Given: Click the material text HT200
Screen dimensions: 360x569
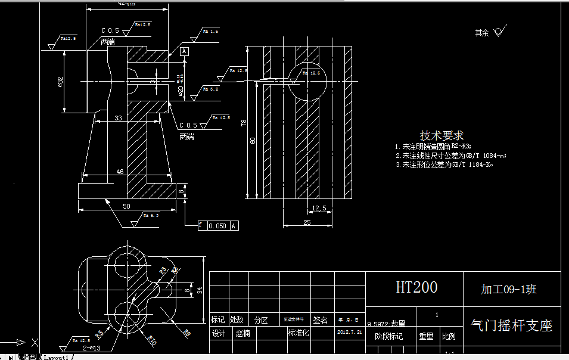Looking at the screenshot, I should point(416,288).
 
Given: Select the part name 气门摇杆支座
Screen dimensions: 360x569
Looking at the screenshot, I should point(511,325).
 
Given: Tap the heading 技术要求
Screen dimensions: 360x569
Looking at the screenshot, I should point(441,135).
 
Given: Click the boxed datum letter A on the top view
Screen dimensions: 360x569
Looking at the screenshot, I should point(184,52).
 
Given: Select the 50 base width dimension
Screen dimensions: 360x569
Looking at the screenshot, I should point(126,206).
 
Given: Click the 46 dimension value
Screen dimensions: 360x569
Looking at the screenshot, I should point(120,172).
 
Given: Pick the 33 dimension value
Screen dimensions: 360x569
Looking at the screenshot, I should point(118,119).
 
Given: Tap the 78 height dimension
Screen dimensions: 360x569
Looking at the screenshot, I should point(243,123).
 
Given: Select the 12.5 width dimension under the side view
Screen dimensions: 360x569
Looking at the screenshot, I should point(319,208).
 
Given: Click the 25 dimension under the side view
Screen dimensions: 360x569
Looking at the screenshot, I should point(307,222).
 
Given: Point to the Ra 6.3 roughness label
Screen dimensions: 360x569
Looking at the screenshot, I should point(151,216).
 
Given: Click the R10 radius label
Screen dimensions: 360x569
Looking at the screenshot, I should point(152,341).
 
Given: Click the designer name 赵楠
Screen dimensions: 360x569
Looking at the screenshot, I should point(243,333).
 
